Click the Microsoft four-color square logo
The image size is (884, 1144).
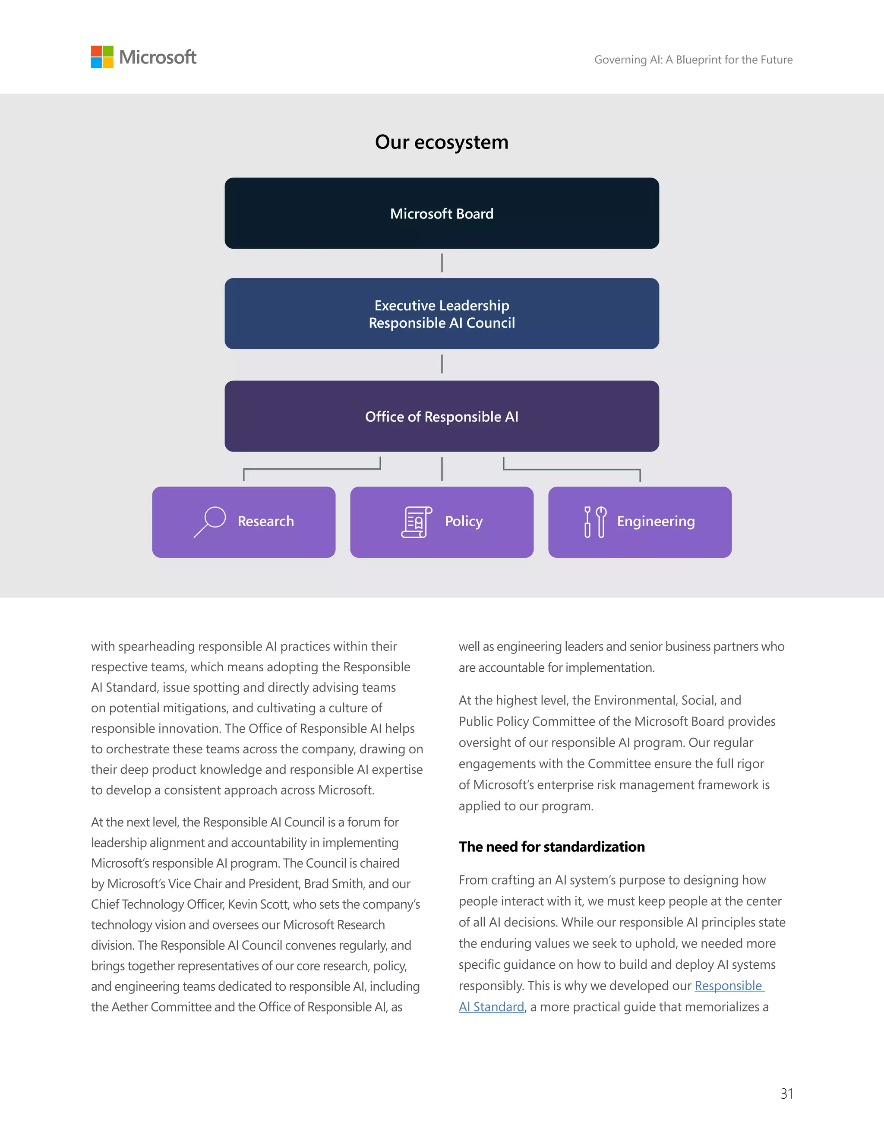(102, 57)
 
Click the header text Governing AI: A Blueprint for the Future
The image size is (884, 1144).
(693, 60)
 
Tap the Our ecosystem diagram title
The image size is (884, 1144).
(442, 142)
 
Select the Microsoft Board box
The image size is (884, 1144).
(442, 213)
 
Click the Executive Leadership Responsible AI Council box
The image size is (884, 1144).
(442, 314)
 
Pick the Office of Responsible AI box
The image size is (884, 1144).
(442, 417)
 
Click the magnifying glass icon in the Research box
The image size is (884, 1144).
(210, 521)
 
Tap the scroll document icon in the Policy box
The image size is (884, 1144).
(417, 522)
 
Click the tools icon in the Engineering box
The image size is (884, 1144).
(595, 522)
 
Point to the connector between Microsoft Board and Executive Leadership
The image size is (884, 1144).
(442, 263)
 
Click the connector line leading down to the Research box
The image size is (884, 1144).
(312, 469)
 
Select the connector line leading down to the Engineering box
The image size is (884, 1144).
(571, 469)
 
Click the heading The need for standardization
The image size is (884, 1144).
(552, 847)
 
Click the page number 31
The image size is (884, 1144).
(786, 1094)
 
